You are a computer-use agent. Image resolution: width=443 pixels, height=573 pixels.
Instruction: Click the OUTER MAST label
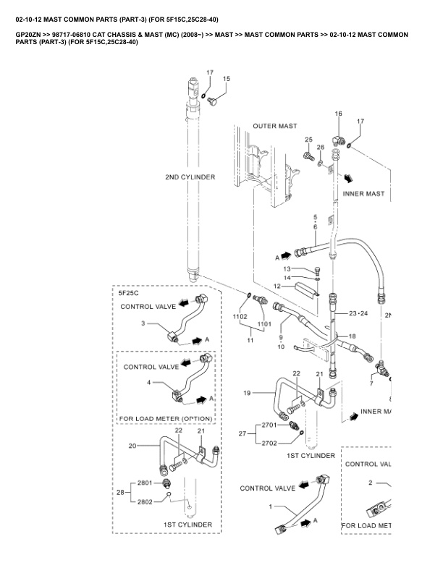pyautogui.click(x=275, y=126)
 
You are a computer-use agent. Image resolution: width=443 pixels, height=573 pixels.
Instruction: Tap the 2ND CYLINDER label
pyautogui.click(x=190, y=177)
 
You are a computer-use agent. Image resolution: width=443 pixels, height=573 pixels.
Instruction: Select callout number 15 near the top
pyautogui.click(x=227, y=79)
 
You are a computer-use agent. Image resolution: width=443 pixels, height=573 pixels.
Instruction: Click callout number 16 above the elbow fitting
pyautogui.click(x=339, y=114)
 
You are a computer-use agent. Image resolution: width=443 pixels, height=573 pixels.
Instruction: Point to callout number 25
pyautogui.click(x=309, y=140)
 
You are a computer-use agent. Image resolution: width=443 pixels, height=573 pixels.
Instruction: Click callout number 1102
pyautogui.click(x=240, y=316)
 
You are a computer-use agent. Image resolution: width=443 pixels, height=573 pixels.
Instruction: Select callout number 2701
pyautogui.click(x=269, y=425)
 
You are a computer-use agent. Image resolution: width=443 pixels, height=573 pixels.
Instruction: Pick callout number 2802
pyautogui.click(x=145, y=502)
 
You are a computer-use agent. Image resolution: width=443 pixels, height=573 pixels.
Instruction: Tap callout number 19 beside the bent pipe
pyautogui.click(x=247, y=393)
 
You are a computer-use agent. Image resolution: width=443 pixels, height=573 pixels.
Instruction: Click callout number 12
pyautogui.click(x=277, y=286)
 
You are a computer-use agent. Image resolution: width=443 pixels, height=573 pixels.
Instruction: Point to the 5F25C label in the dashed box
pyautogui.click(x=128, y=293)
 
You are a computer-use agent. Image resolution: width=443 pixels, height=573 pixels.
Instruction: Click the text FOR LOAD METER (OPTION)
pyautogui.click(x=166, y=419)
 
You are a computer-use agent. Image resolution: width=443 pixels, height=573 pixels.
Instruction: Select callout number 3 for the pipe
pyautogui.click(x=143, y=323)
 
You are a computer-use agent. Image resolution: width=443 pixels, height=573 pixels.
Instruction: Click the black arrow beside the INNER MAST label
pyautogui.click(x=349, y=179)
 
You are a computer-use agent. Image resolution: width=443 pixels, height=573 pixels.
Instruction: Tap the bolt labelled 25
pyautogui.click(x=309, y=156)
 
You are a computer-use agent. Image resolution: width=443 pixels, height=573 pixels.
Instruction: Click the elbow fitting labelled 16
pyautogui.click(x=337, y=140)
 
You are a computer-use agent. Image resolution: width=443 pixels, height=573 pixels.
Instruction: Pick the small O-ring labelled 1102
pyautogui.click(x=248, y=294)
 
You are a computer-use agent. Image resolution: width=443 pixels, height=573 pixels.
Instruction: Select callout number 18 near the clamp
pyautogui.click(x=352, y=336)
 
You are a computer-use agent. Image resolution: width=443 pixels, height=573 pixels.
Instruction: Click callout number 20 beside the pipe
pyautogui.click(x=132, y=446)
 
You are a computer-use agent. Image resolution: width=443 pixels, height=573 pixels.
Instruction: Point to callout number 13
pyautogui.click(x=287, y=269)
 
